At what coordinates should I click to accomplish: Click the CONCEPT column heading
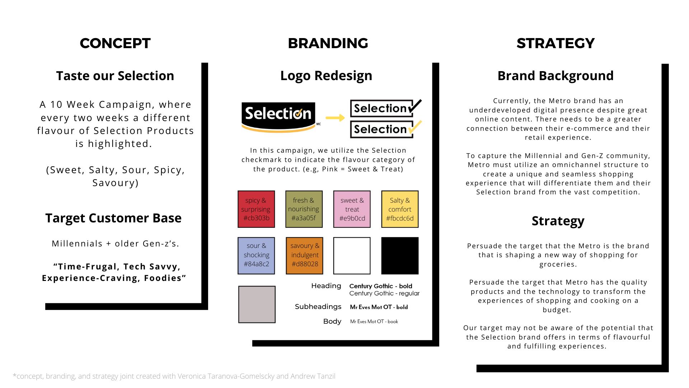click(115, 43)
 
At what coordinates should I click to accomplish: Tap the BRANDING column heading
click(328, 43)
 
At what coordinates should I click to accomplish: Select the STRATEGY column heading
click(556, 43)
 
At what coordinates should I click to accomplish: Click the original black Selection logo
click(278, 116)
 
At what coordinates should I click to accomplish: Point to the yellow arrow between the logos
click(335, 118)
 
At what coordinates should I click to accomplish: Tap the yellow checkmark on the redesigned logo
click(415, 128)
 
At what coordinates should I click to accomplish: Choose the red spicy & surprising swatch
click(256, 209)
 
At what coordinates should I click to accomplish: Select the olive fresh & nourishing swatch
click(304, 209)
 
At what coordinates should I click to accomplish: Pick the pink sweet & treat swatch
click(352, 209)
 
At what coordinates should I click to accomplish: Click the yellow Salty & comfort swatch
click(400, 209)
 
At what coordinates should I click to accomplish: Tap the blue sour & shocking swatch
click(256, 255)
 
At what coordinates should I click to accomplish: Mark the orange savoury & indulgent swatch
click(304, 255)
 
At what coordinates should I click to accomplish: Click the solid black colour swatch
click(400, 255)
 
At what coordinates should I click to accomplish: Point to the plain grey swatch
click(257, 304)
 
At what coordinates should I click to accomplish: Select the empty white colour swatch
click(352, 255)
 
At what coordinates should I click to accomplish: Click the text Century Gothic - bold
click(381, 286)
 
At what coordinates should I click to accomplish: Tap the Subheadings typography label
click(318, 306)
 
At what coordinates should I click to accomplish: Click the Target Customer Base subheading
click(113, 218)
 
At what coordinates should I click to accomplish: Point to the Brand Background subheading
click(556, 76)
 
